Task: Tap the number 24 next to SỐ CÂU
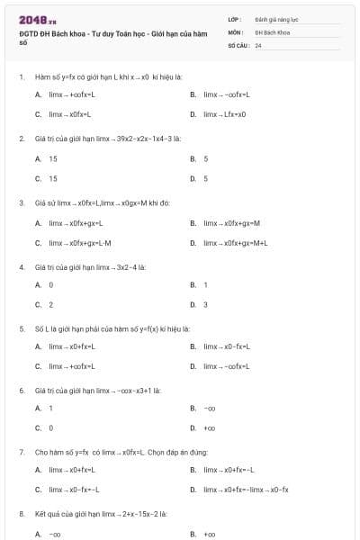(x=258, y=44)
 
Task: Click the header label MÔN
(x=234, y=31)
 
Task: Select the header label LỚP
(x=234, y=18)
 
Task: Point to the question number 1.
(x=21, y=77)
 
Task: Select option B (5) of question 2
(x=205, y=158)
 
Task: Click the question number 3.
(x=21, y=202)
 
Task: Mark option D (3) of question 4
(x=205, y=304)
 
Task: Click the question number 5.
(x=21, y=328)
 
